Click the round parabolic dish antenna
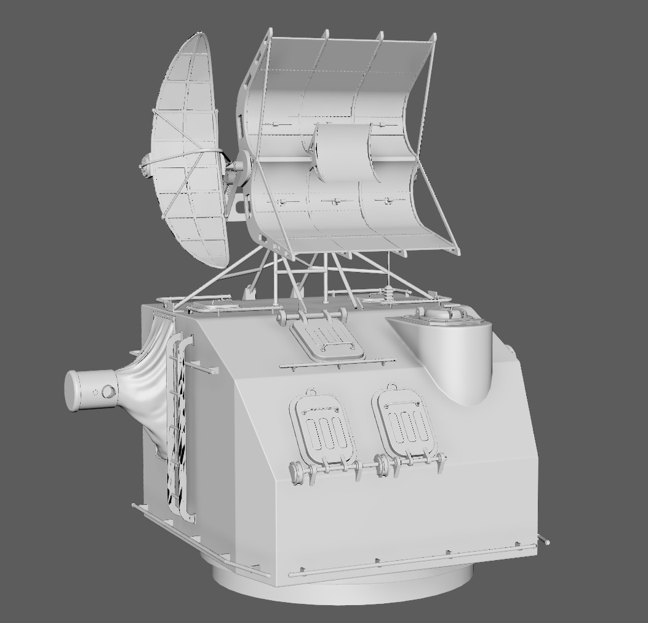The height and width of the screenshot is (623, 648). (188, 154)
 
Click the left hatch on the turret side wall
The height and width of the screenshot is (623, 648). (324, 428)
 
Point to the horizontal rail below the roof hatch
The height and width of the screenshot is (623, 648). (338, 366)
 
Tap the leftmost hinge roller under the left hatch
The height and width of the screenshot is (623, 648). (297, 472)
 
